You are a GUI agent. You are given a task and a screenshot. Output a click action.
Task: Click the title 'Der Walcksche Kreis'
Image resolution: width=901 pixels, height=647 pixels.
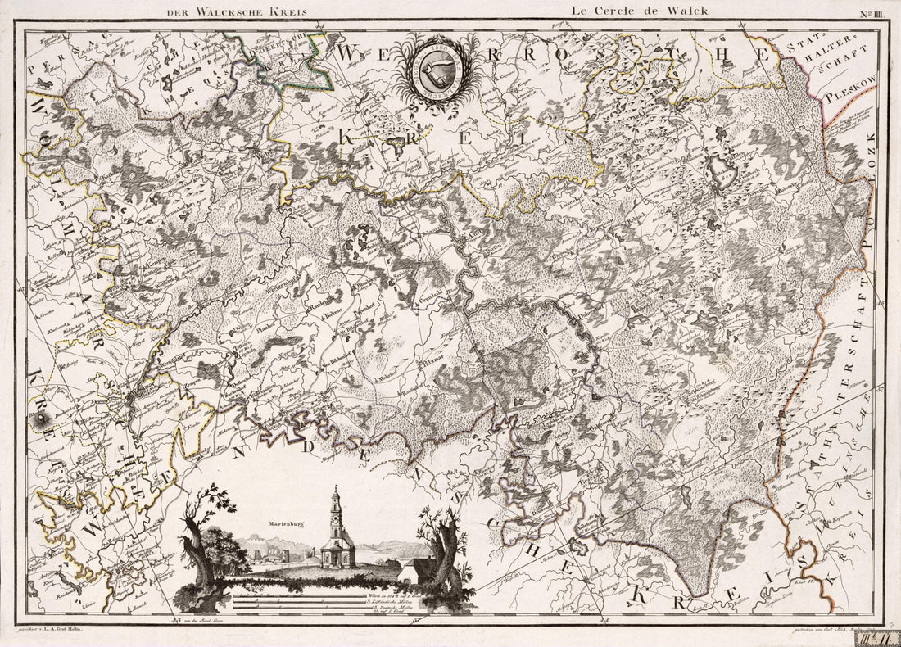[236, 12]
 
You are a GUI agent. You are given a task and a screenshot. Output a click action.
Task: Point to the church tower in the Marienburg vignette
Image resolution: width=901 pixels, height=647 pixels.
[337, 516]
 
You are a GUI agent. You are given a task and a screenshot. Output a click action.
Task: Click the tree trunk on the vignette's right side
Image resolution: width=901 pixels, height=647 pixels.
[442, 557]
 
